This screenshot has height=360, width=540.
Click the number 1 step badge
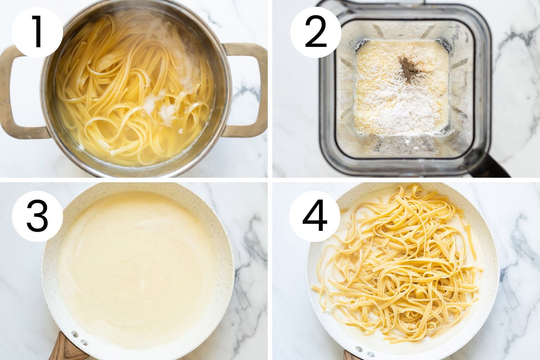[x=37, y=32]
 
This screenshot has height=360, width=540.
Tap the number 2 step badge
[x=316, y=32]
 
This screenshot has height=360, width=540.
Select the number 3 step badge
[x=37, y=216]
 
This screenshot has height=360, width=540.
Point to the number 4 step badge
[x=315, y=216]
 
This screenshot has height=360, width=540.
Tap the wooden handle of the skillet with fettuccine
[x=352, y=355]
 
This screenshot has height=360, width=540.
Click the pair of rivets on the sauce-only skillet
[x=80, y=338]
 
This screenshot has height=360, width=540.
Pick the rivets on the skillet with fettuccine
[x=364, y=351]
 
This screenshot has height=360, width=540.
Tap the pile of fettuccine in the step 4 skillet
[x=398, y=265]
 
